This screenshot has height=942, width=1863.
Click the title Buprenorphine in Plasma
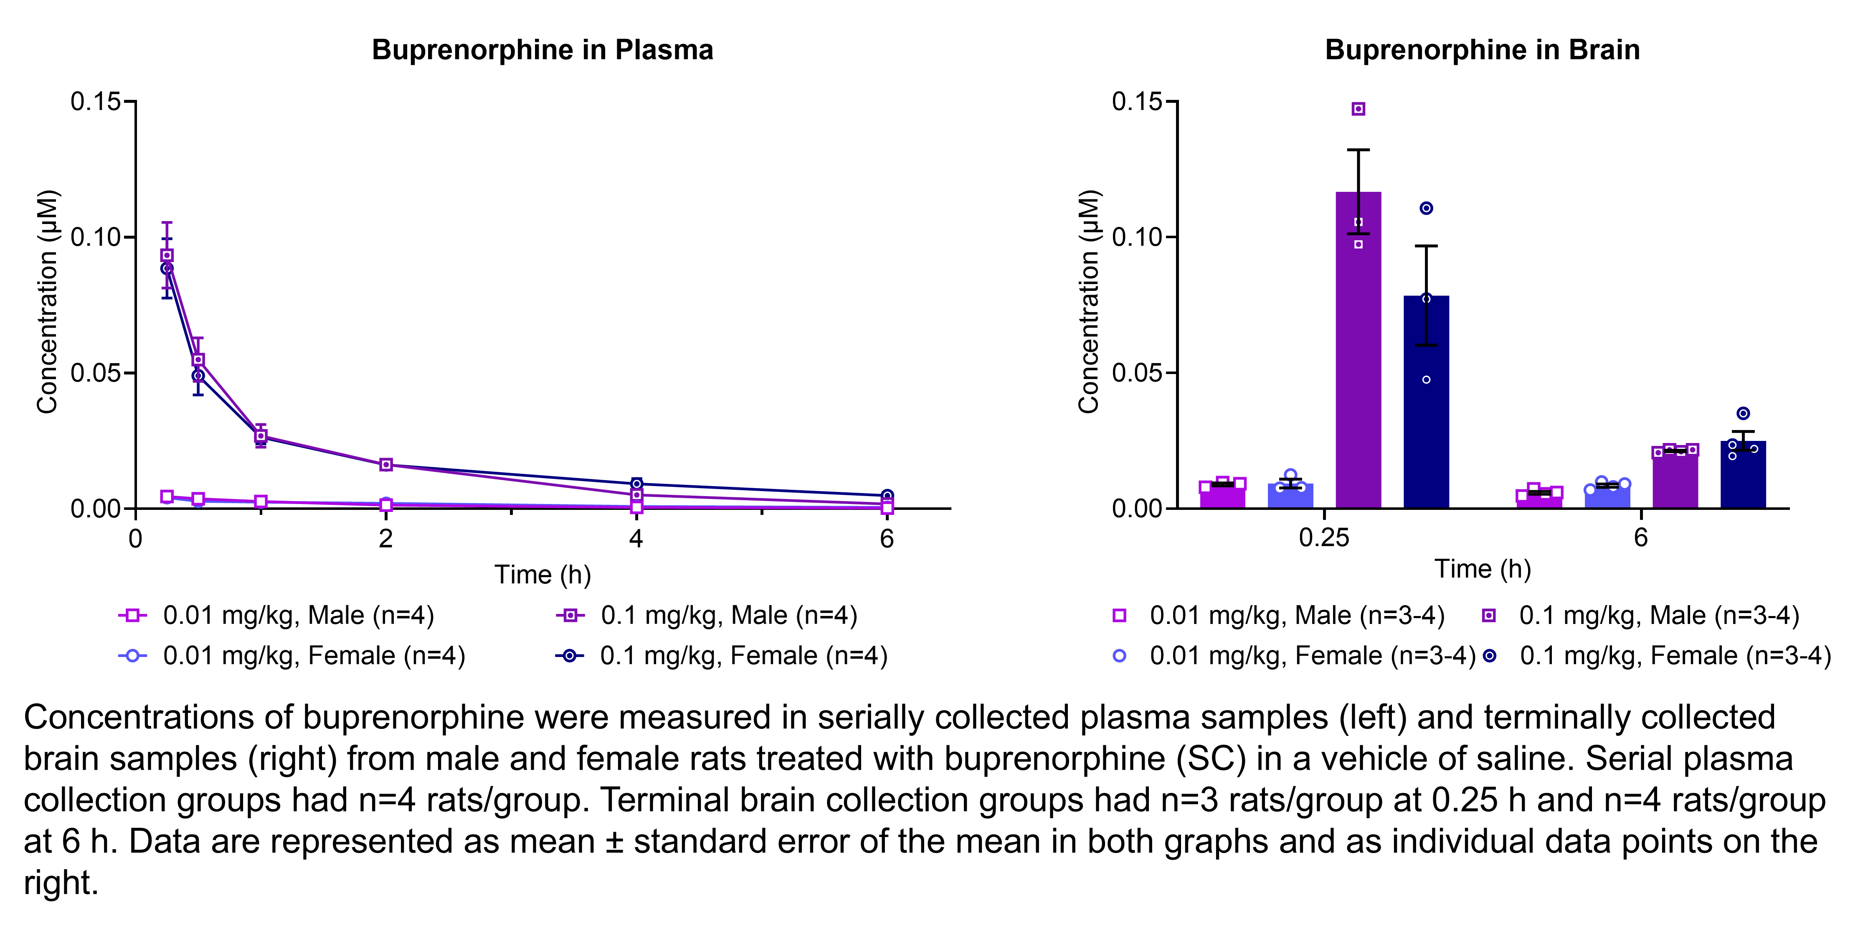pyautogui.click(x=542, y=50)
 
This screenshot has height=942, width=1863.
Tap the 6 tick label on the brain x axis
pyautogui.click(x=1640, y=537)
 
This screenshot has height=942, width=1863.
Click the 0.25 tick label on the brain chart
pyautogui.click(x=1323, y=537)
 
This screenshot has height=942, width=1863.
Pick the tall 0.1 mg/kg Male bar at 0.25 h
pyautogui.click(x=1358, y=362)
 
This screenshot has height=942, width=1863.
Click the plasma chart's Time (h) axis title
pyautogui.click(x=542, y=575)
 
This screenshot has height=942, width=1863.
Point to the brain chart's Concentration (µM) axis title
pyautogui.click(x=1088, y=302)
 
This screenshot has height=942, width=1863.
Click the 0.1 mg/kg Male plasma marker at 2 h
pyautogui.click(x=386, y=464)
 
